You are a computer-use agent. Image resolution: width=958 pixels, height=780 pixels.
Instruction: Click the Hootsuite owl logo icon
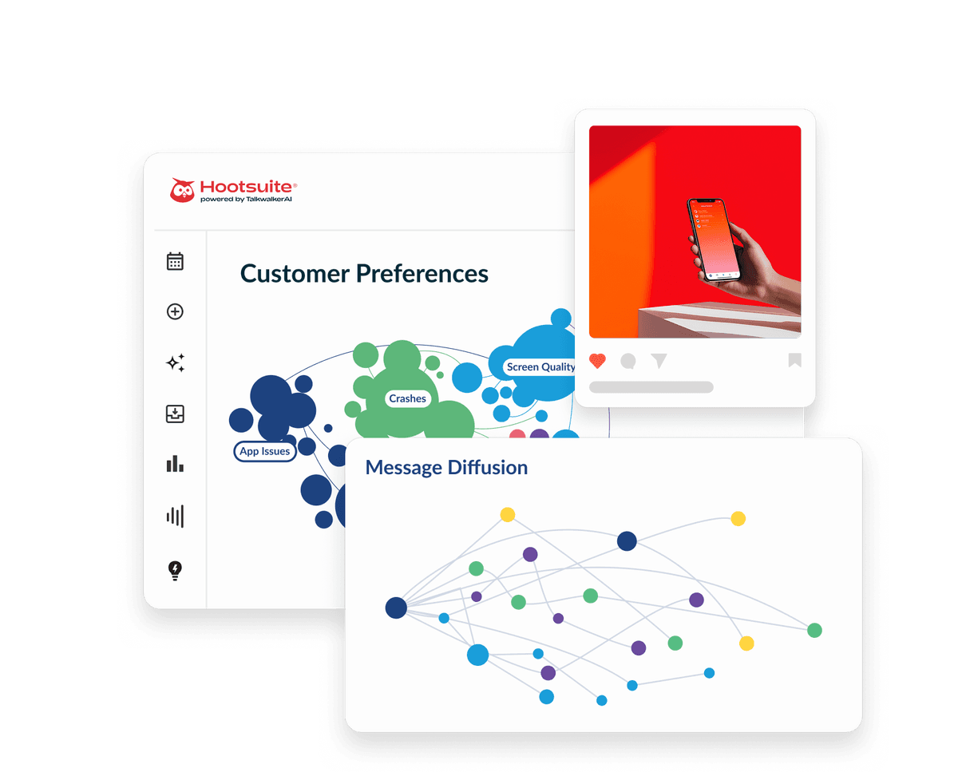(182, 190)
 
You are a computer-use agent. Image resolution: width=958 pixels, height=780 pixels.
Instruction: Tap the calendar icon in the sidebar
(175, 261)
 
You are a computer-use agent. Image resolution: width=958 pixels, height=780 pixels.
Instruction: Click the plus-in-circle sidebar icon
(175, 311)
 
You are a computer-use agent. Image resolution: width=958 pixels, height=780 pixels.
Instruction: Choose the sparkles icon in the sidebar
(175, 362)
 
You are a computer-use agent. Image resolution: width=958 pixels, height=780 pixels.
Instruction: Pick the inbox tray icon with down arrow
(175, 414)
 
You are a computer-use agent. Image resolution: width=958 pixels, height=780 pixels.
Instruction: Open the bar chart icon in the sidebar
(175, 464)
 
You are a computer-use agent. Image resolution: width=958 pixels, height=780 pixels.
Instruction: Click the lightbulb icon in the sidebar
(175, 570)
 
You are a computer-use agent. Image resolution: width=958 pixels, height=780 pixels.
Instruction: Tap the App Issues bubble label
(264, 451)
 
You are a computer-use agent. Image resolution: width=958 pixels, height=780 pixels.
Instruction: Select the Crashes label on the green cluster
(407, 398)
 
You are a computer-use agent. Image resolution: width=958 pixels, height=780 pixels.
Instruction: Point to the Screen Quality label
(540, 367)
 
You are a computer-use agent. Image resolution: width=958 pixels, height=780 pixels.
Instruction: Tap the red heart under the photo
(597, 361)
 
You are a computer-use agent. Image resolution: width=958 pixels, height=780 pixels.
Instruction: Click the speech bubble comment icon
(628, 362)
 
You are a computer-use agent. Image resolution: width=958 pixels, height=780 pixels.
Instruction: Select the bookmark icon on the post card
(794, 361)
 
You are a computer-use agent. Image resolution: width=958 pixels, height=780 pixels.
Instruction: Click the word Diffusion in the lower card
(487, 468)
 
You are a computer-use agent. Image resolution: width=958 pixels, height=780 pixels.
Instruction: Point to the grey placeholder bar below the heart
(651, 387)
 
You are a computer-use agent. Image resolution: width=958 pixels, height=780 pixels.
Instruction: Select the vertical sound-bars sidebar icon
(175, 516)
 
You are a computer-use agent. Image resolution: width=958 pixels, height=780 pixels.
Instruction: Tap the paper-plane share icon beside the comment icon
(659, 362)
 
